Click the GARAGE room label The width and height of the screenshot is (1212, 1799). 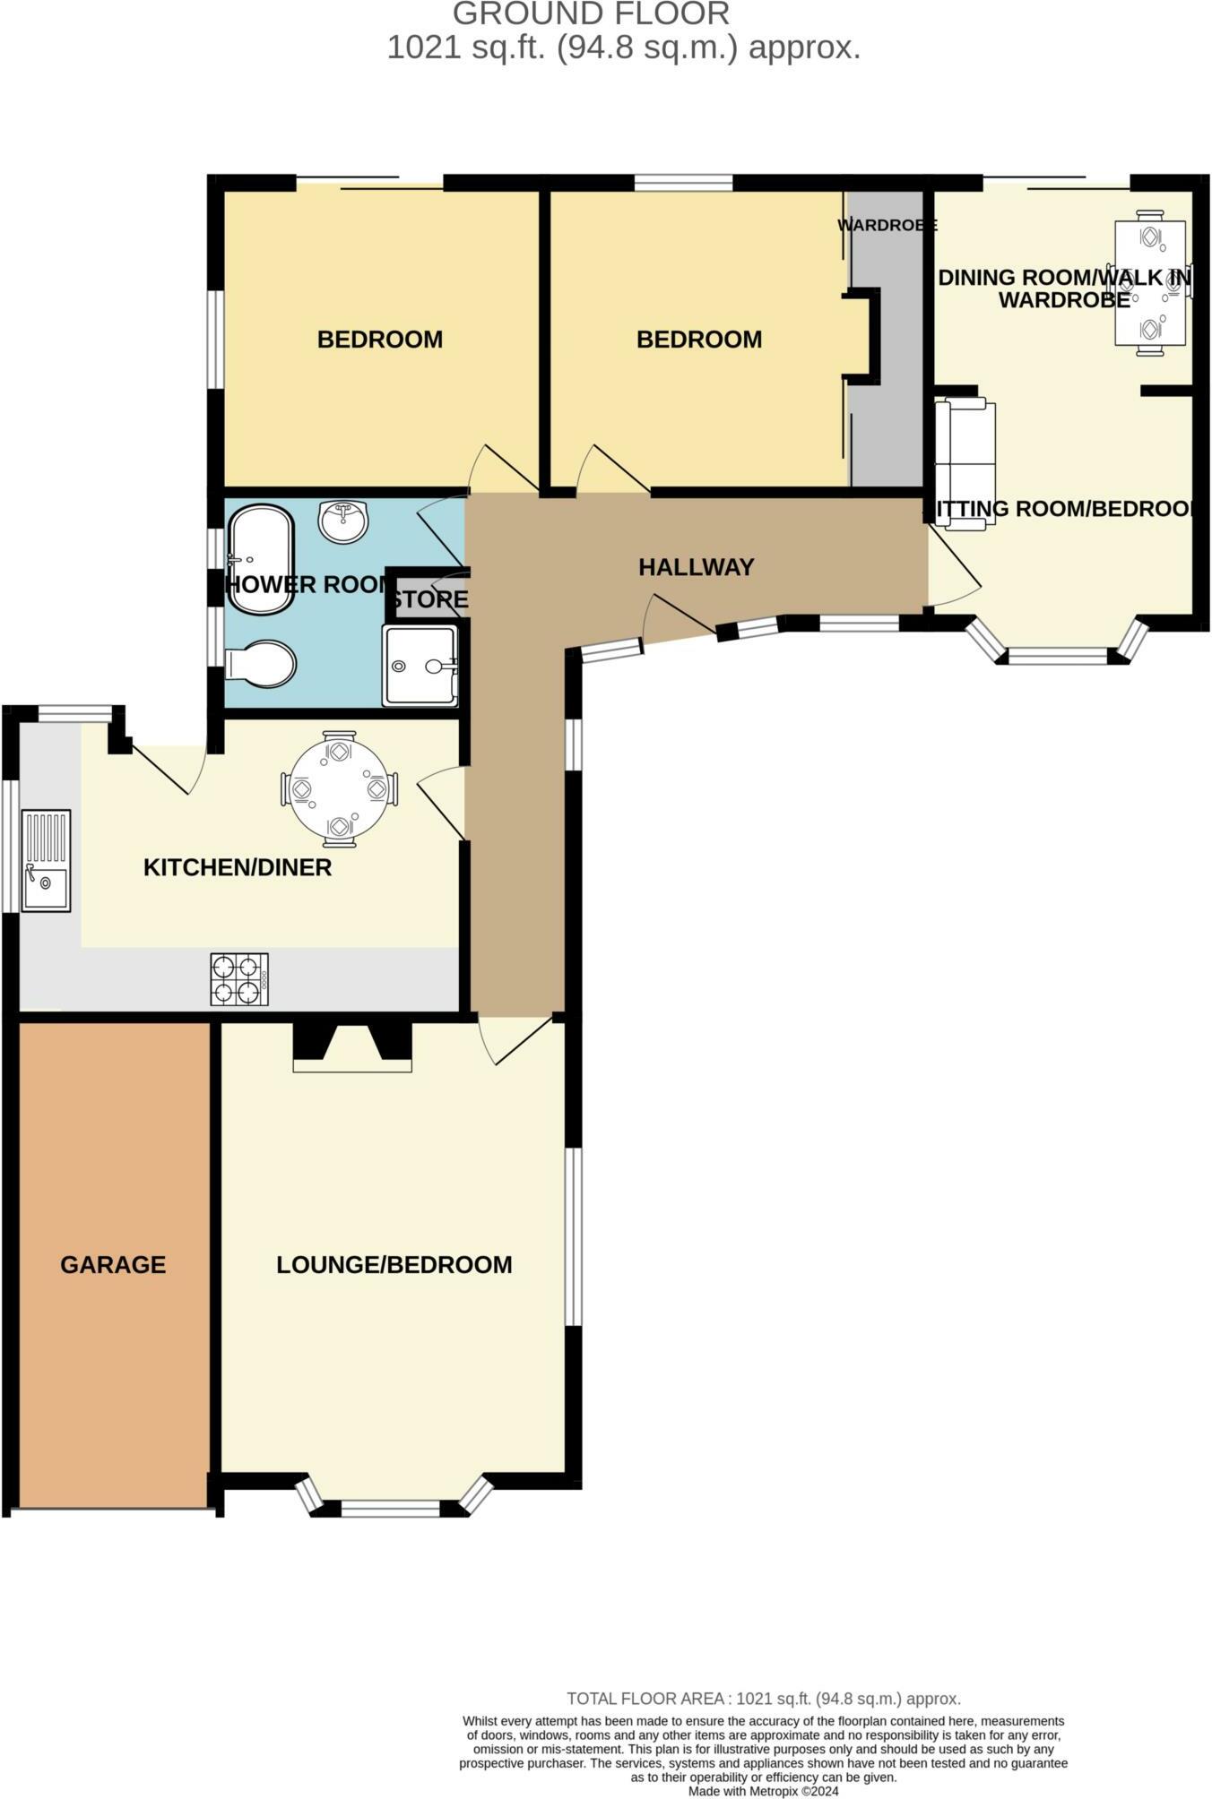pos(113,1265)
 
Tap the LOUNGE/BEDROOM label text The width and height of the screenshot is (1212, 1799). pos(394,1265)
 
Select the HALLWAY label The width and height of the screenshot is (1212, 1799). pos(696,567)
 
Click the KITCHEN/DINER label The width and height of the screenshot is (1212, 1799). pos(238,867)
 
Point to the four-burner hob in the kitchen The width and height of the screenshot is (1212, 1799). pos(239,979)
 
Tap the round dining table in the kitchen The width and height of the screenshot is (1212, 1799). pos(339,789)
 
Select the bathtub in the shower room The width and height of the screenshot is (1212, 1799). pos(260,560)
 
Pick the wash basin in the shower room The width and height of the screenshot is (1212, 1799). pos(343,521)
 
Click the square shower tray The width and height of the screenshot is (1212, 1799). pos(420,666)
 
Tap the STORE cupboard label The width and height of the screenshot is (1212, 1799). pos(429,599)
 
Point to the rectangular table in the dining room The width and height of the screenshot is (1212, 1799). pos(1150,282)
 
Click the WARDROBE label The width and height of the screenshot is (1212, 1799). pos(887,226)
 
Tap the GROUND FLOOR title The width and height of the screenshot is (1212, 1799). pos(591,14)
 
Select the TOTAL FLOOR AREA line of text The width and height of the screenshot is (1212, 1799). pos(763,1699)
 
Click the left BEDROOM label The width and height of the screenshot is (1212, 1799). pos(379,340)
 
